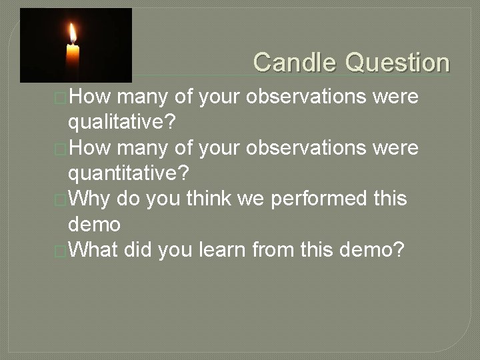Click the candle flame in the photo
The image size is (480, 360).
(x=72, y=33)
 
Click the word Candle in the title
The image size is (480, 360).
(x=295, y=63)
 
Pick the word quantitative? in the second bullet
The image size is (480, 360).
(x=129, y=173)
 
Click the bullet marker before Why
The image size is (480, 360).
(x=61, y=200)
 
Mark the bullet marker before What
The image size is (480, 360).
(x=61, y=251)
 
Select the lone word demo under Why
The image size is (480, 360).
(x=94, y=224)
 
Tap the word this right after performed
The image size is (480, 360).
(x=387, y=199)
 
